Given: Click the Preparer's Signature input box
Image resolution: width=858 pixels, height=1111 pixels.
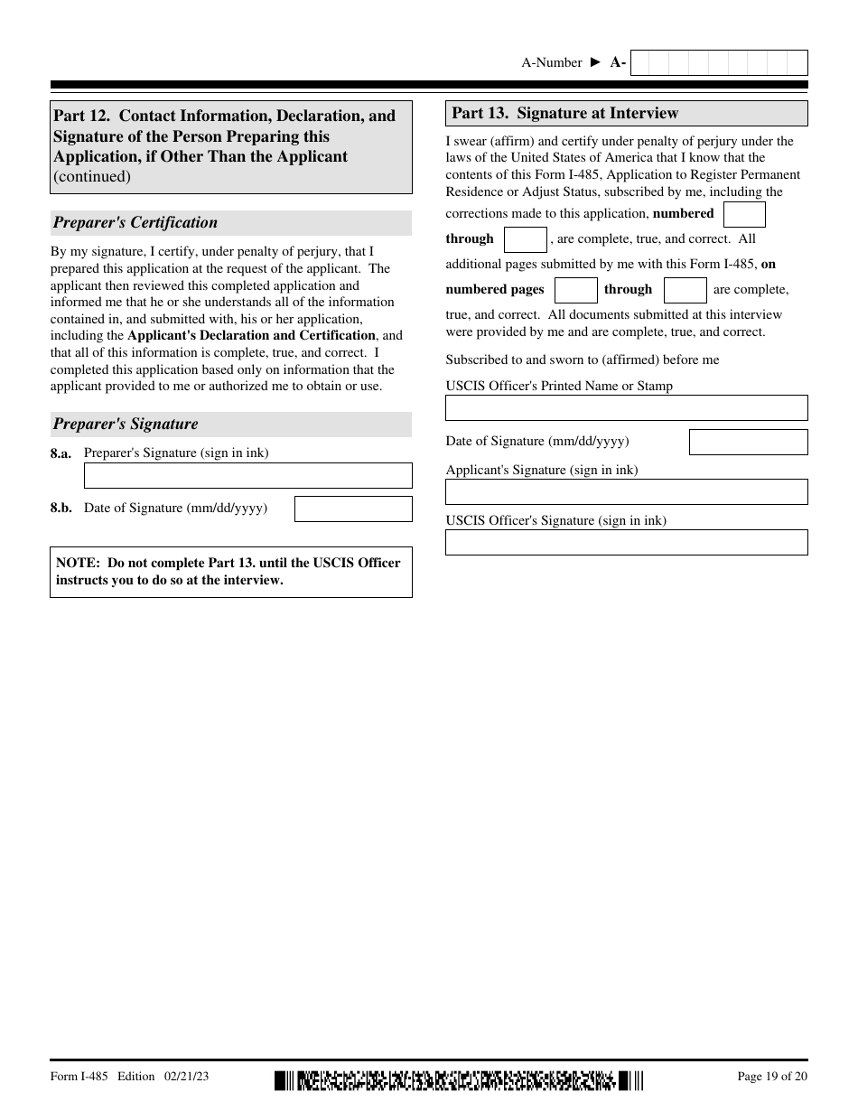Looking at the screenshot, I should pos(247,475).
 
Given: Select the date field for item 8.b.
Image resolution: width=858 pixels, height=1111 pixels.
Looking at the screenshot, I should pos(353,509).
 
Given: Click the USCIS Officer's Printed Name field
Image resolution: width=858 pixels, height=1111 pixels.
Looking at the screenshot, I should pos(626,407).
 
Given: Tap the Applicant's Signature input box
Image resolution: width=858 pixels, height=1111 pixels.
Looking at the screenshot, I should pos(626,491).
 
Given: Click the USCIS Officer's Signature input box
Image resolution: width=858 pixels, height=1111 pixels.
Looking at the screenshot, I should pos(626,542).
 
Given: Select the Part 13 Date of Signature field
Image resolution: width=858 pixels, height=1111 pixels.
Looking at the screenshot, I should pos(748,442).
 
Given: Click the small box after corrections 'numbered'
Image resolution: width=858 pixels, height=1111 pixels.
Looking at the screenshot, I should pos(744,214).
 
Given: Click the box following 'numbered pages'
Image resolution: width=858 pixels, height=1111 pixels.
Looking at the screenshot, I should pos(575,290).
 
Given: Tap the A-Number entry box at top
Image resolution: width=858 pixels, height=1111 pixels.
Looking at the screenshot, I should pos(718,62).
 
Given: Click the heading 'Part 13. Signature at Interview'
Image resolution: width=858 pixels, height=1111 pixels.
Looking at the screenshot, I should pos(564,114).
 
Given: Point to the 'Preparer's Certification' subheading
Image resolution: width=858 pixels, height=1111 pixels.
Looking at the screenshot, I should pos(135,223).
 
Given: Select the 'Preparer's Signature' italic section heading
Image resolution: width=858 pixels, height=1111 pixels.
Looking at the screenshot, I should pos(126,425).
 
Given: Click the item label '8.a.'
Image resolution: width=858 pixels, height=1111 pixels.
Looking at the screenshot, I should pos(61,453).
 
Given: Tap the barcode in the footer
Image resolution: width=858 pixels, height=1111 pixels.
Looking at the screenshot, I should pos(459,1079).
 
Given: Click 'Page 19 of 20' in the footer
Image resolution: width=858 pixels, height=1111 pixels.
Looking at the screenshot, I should pos(772,1076).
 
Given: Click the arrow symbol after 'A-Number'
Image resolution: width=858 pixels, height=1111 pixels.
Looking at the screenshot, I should pos(595,62).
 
